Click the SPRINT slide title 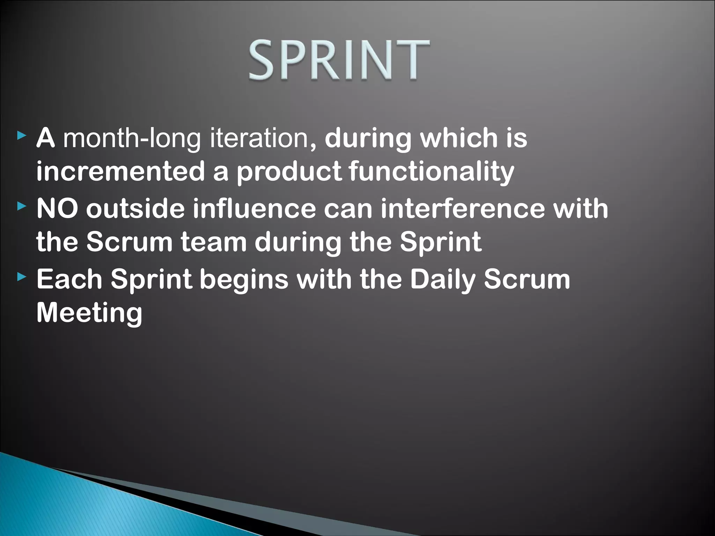tap(339, 60)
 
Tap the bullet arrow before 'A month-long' tap(22, 135)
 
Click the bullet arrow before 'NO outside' tap(22, 206)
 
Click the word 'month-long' tap(132, 139)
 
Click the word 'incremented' tap(120, 171)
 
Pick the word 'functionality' tap(431, 172)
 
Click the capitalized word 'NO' tap(57, 208)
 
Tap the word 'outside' tap(135, 208)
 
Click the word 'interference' tap(463, 208)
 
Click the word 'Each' tap(69, 279)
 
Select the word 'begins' tap(244, 280)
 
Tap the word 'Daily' tap(442, 280)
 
